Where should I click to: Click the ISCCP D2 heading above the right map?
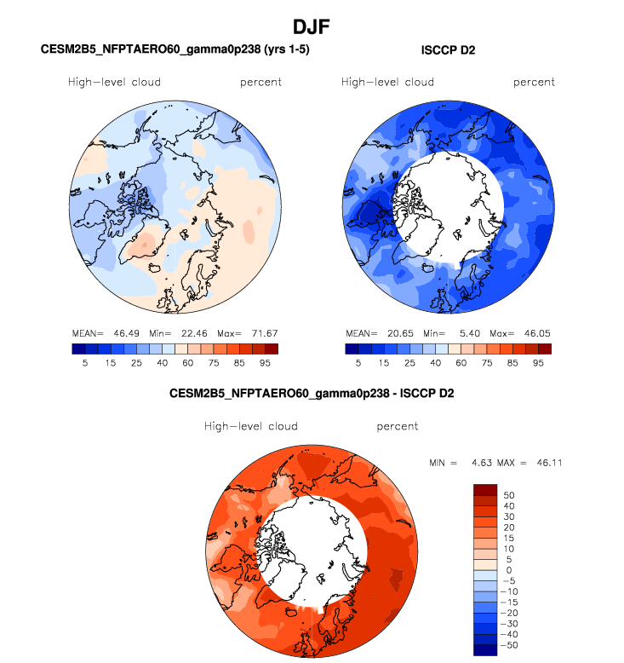tap(448, 51)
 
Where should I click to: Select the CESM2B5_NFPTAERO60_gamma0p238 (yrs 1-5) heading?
tap(175, 50)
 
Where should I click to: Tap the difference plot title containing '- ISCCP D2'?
tap(312, 394)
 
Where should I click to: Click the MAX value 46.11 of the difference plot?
tap(546, 463)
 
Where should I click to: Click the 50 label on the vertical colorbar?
tap(509, 494)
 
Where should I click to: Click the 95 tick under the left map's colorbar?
tap(265, 362)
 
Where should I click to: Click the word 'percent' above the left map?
tap(260, 83)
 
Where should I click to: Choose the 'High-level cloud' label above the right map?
tap(387, 83)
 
